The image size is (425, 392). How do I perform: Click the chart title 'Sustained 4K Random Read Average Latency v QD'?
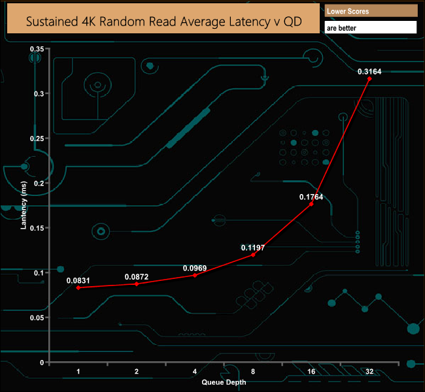tap(163, 22)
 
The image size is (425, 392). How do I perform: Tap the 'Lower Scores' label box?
tap(371, 11)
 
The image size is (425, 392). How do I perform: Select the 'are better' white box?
tap(371, 27)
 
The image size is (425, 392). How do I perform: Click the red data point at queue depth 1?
tap(78, 287)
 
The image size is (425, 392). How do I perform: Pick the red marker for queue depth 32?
tap(369, 78)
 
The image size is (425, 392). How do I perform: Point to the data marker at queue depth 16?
tap(311, 204)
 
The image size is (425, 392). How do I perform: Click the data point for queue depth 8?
tap(253, 255)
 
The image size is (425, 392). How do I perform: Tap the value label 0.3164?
tap(369, 71)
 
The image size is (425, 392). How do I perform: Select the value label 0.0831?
tap(78, 280)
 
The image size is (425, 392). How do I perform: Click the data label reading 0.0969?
tap(195, 269)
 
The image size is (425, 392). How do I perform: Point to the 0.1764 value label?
tap(311, 197)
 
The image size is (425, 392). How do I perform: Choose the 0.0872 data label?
tap(137, 277)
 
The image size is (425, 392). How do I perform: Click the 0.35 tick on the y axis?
tap(37, 49)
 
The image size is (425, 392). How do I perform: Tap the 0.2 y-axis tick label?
tap(39, 184)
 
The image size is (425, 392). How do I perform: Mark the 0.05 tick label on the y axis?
tap(37, 318)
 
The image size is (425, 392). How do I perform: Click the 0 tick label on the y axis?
tap(42, 363)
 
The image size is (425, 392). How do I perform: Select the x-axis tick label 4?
tap(195, 371)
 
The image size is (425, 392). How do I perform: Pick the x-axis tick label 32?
tap(369, 371)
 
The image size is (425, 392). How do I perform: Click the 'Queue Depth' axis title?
tap(224, 382)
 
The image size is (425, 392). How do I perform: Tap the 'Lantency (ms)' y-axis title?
tap(24, 205)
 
